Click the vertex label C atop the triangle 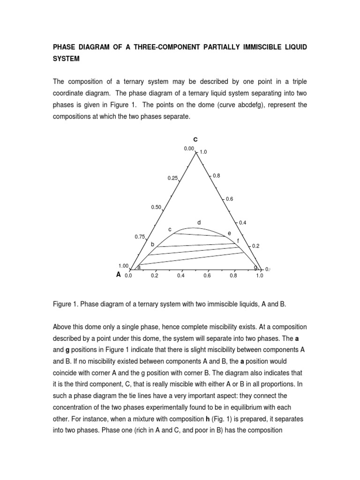195,139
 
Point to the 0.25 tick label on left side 172,178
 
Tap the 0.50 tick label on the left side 156,207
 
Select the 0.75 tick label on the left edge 140,237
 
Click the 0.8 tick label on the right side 216,175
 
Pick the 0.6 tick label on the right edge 229,199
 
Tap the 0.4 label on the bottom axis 181,276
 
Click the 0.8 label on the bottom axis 233,276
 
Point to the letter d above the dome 199,222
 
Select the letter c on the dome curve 170,230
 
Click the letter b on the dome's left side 152,245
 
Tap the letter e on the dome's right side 229,233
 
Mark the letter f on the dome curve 238,241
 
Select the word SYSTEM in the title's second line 67,60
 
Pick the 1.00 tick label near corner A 124,266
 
